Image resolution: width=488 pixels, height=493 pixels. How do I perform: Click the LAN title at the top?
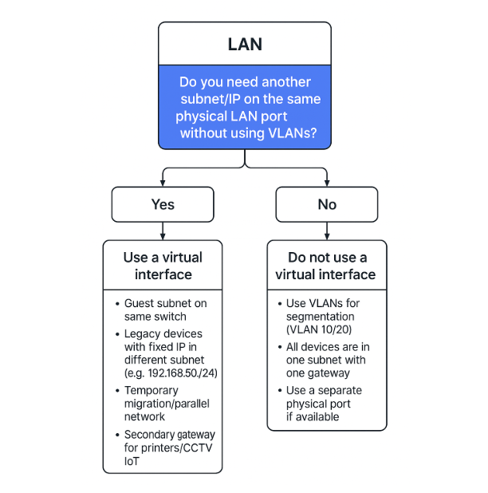(244, 44)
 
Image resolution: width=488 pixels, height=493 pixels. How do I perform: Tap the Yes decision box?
(163, 204)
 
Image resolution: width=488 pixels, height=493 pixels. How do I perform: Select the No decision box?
(327, 204)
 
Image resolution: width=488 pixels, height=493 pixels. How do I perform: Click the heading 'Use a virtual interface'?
(163, 266)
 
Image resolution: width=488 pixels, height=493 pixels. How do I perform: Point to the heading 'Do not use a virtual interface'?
(325, 266)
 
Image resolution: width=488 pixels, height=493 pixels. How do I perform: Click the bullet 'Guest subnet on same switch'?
(165, 310)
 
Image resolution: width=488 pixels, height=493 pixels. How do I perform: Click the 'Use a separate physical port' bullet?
(324, 404)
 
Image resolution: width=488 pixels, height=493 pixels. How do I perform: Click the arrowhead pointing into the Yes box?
(163, 183)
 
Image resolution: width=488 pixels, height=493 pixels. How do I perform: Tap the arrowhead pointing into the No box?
(327, 183)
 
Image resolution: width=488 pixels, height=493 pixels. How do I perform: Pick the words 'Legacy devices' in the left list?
(163, 333)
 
